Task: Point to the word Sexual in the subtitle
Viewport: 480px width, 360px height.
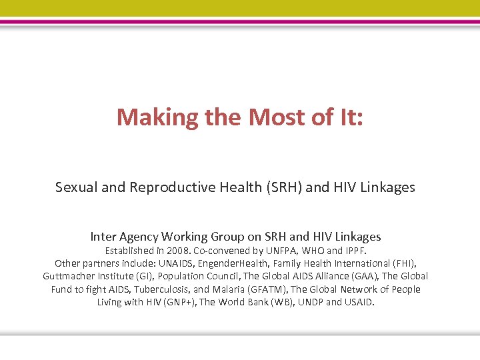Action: (77, 187)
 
